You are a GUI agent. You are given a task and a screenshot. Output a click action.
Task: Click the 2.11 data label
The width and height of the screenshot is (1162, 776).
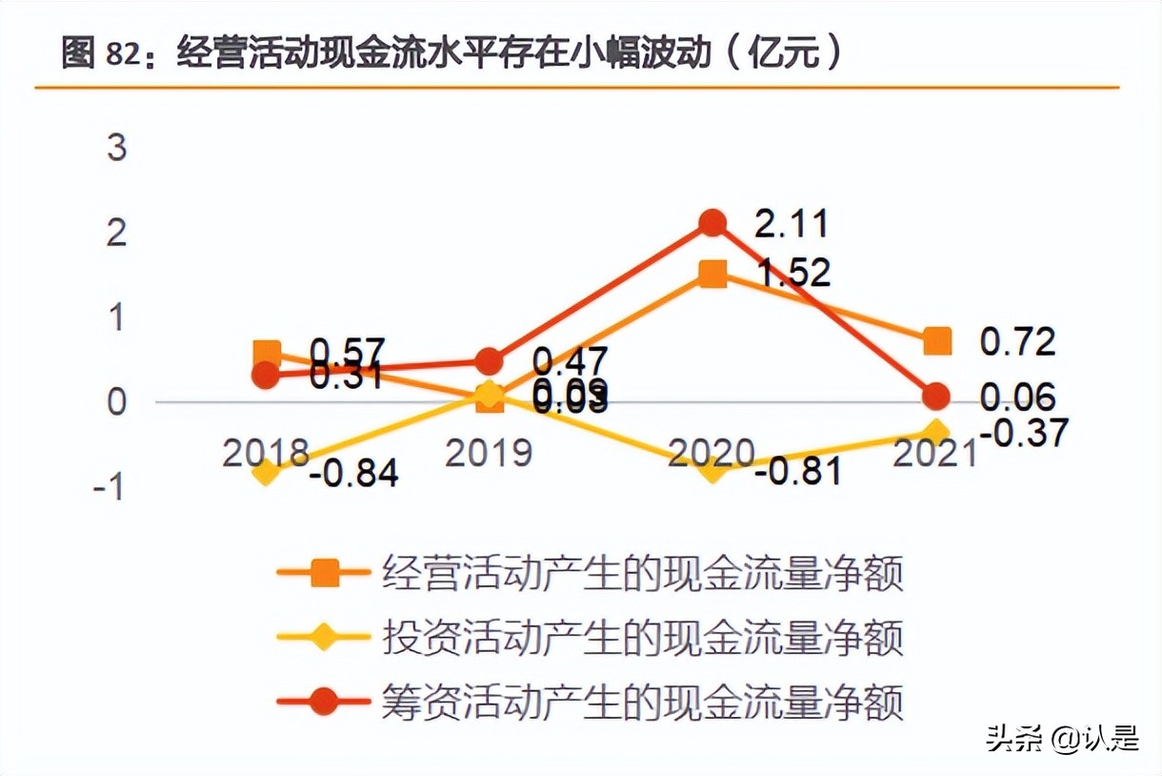coord(791,225)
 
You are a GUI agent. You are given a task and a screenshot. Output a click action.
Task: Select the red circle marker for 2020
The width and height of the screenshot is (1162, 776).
coord(712,223)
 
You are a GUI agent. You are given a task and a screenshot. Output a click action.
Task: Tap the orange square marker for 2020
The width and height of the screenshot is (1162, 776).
coord(712,275)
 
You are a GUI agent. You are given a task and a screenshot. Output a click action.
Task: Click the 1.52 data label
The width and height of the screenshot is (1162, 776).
coord(792,274)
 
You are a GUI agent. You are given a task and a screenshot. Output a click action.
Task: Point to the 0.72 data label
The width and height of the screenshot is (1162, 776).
coord(1018,341)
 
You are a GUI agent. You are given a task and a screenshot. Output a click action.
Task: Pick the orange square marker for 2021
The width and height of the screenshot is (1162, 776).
coord(938,340)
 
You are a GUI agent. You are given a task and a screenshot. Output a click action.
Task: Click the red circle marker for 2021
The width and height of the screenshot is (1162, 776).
coord(938,396)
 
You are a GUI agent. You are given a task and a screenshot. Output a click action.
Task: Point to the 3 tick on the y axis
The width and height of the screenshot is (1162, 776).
coord(116,149)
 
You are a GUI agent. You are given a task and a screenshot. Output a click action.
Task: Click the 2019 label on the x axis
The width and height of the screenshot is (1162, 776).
coord(489,452)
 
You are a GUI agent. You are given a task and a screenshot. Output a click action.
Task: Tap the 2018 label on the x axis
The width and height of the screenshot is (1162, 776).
coord(267,452)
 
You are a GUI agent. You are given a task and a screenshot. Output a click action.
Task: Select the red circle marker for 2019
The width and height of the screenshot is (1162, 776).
coord(489,362)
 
